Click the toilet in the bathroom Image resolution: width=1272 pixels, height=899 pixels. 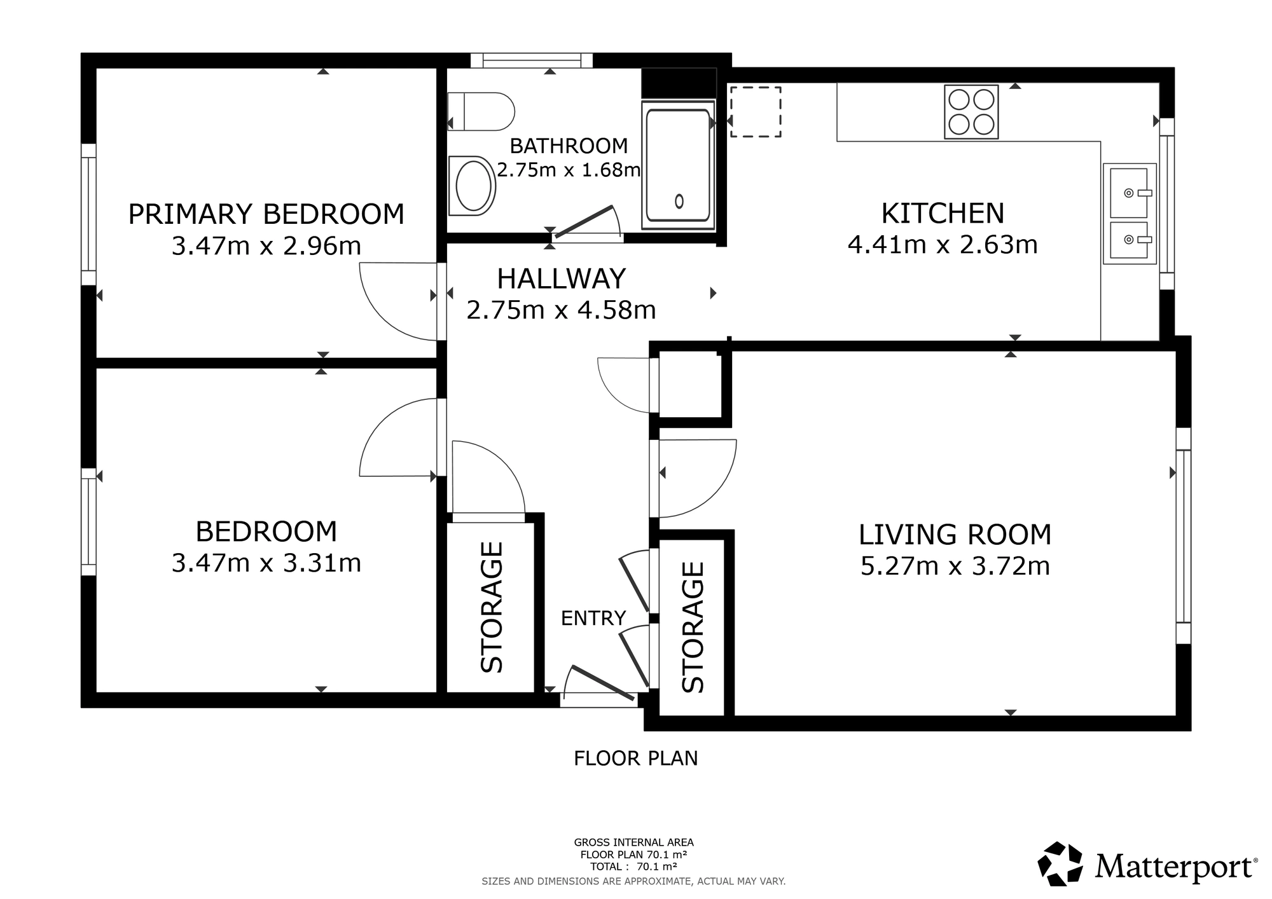pos(480,112)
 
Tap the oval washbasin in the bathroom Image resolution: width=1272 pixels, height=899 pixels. pos(472,186)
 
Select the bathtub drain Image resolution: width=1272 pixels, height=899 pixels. pos(679,201)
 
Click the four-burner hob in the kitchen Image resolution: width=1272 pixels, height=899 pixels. pos(971,111)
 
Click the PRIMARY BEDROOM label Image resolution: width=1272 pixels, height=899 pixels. pos(266,214)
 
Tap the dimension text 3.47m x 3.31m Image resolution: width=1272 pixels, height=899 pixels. pos(266,563)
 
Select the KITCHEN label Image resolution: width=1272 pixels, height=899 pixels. pos(943,214)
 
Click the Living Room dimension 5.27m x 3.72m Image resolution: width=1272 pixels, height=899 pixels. pos(955,566)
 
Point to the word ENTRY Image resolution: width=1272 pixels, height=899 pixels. pos(593,618)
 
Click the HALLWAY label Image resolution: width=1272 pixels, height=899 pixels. pos(561,279)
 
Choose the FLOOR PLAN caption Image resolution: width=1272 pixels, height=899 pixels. pos(636,758)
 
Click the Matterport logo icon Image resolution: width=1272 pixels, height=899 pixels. pos(1060,863)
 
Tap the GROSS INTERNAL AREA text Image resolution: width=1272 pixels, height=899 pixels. pos(634,843)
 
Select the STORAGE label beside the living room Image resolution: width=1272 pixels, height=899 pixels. pos(693,627)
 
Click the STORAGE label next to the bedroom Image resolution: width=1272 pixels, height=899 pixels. pos(492,607)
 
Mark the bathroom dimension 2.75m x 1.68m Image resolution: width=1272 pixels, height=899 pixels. pos(569,170)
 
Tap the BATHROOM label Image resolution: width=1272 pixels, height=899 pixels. pos(569,146)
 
